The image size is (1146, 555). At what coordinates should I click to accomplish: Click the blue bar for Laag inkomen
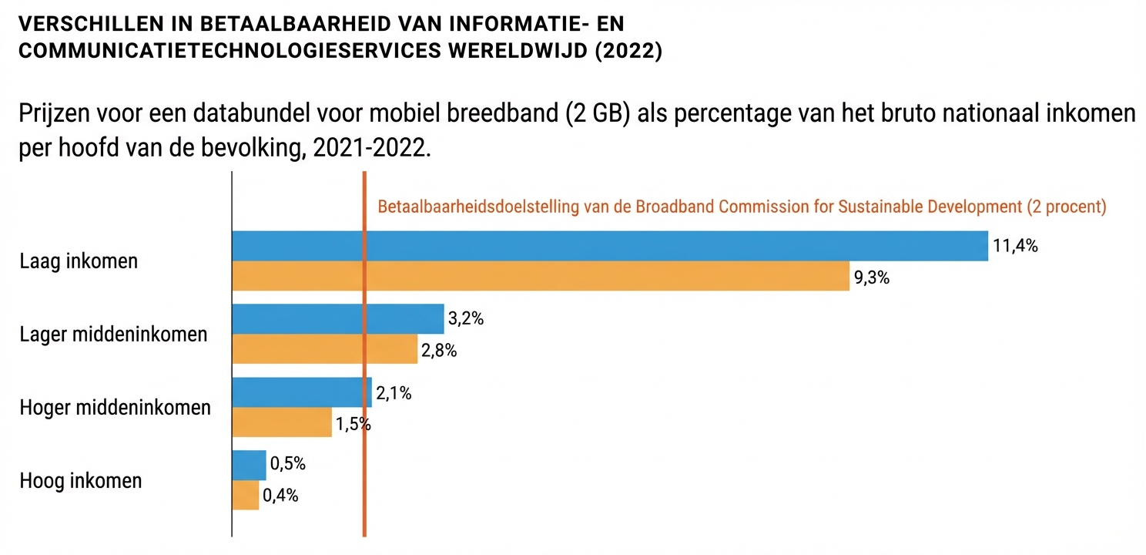point(609,246)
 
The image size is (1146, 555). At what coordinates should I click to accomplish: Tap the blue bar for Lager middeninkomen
point(338,319)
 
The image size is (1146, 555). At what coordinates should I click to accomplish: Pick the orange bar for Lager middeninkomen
point(324,349)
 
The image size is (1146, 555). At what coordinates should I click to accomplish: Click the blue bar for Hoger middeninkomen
point(301,392)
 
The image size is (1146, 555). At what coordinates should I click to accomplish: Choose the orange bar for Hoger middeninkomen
point(282,422)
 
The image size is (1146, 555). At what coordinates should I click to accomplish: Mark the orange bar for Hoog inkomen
point(246,495)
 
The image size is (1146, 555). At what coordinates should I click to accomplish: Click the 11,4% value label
point(1015,247)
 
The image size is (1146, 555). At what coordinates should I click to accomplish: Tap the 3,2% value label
point(466,319)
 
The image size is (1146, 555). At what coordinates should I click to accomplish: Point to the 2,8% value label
point(439,351)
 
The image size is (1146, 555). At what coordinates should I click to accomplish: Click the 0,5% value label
point(288,464)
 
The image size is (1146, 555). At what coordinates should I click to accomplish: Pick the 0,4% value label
point(280,496)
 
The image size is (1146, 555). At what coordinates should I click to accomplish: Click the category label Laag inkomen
point(79,261)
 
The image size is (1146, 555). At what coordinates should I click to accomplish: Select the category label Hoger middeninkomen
point(115,408)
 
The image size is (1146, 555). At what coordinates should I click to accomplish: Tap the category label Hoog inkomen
point(81,481)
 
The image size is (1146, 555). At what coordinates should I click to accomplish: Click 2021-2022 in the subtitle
point(367,146)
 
